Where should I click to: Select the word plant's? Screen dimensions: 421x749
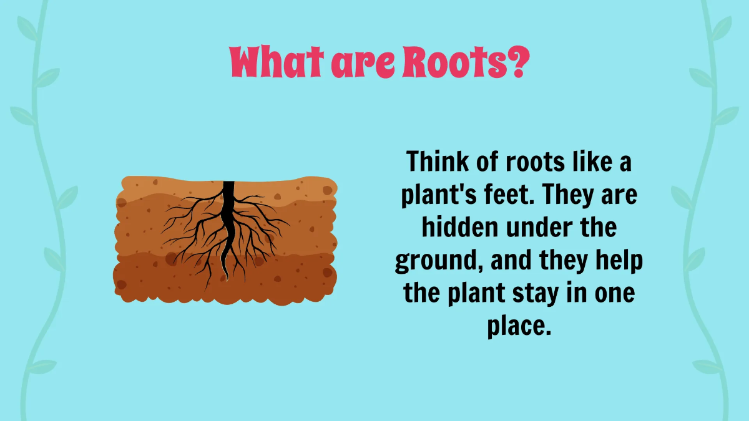[438, 195]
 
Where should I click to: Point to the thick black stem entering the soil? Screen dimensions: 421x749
[228, 190]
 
